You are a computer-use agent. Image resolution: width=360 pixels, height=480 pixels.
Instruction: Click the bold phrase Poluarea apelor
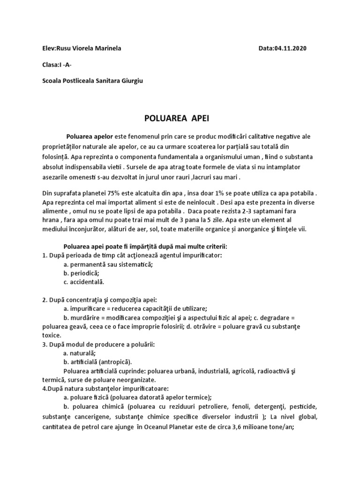point(90,136)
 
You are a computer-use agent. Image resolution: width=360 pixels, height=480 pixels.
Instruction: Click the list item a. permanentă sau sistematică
point(108,264)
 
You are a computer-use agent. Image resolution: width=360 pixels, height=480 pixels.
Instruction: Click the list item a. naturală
point(80,353)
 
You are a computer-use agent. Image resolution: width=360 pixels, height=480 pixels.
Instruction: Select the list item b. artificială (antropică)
point(97,362)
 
